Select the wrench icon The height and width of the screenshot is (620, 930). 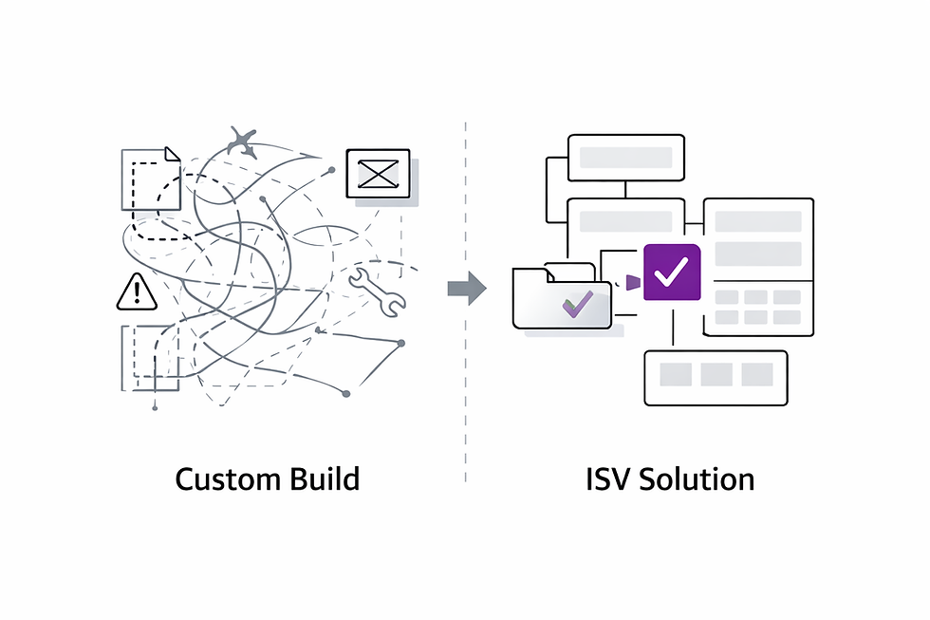click(377, 291)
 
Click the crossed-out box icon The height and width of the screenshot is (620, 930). click(378, 174)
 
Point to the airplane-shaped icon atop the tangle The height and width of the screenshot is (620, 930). click(242, 143)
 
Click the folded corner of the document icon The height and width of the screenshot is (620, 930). click(172, 154)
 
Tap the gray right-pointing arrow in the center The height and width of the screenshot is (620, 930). click(466, 288)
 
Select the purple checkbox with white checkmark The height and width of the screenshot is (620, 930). click(672, 272)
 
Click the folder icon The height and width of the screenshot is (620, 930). click(561, 298)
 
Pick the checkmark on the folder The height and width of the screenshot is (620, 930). click(577, 304)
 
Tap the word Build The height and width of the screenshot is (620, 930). click(325, 479)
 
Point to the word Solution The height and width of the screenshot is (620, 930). click(697, 479)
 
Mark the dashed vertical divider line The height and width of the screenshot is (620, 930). click(465, 380)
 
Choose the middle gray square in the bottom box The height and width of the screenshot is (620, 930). click(716, 375)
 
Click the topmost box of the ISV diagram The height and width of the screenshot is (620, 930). click(625, 158)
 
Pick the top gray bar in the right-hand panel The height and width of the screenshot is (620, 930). click(758, 221)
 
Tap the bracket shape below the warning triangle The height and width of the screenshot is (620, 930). click(149, 358)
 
